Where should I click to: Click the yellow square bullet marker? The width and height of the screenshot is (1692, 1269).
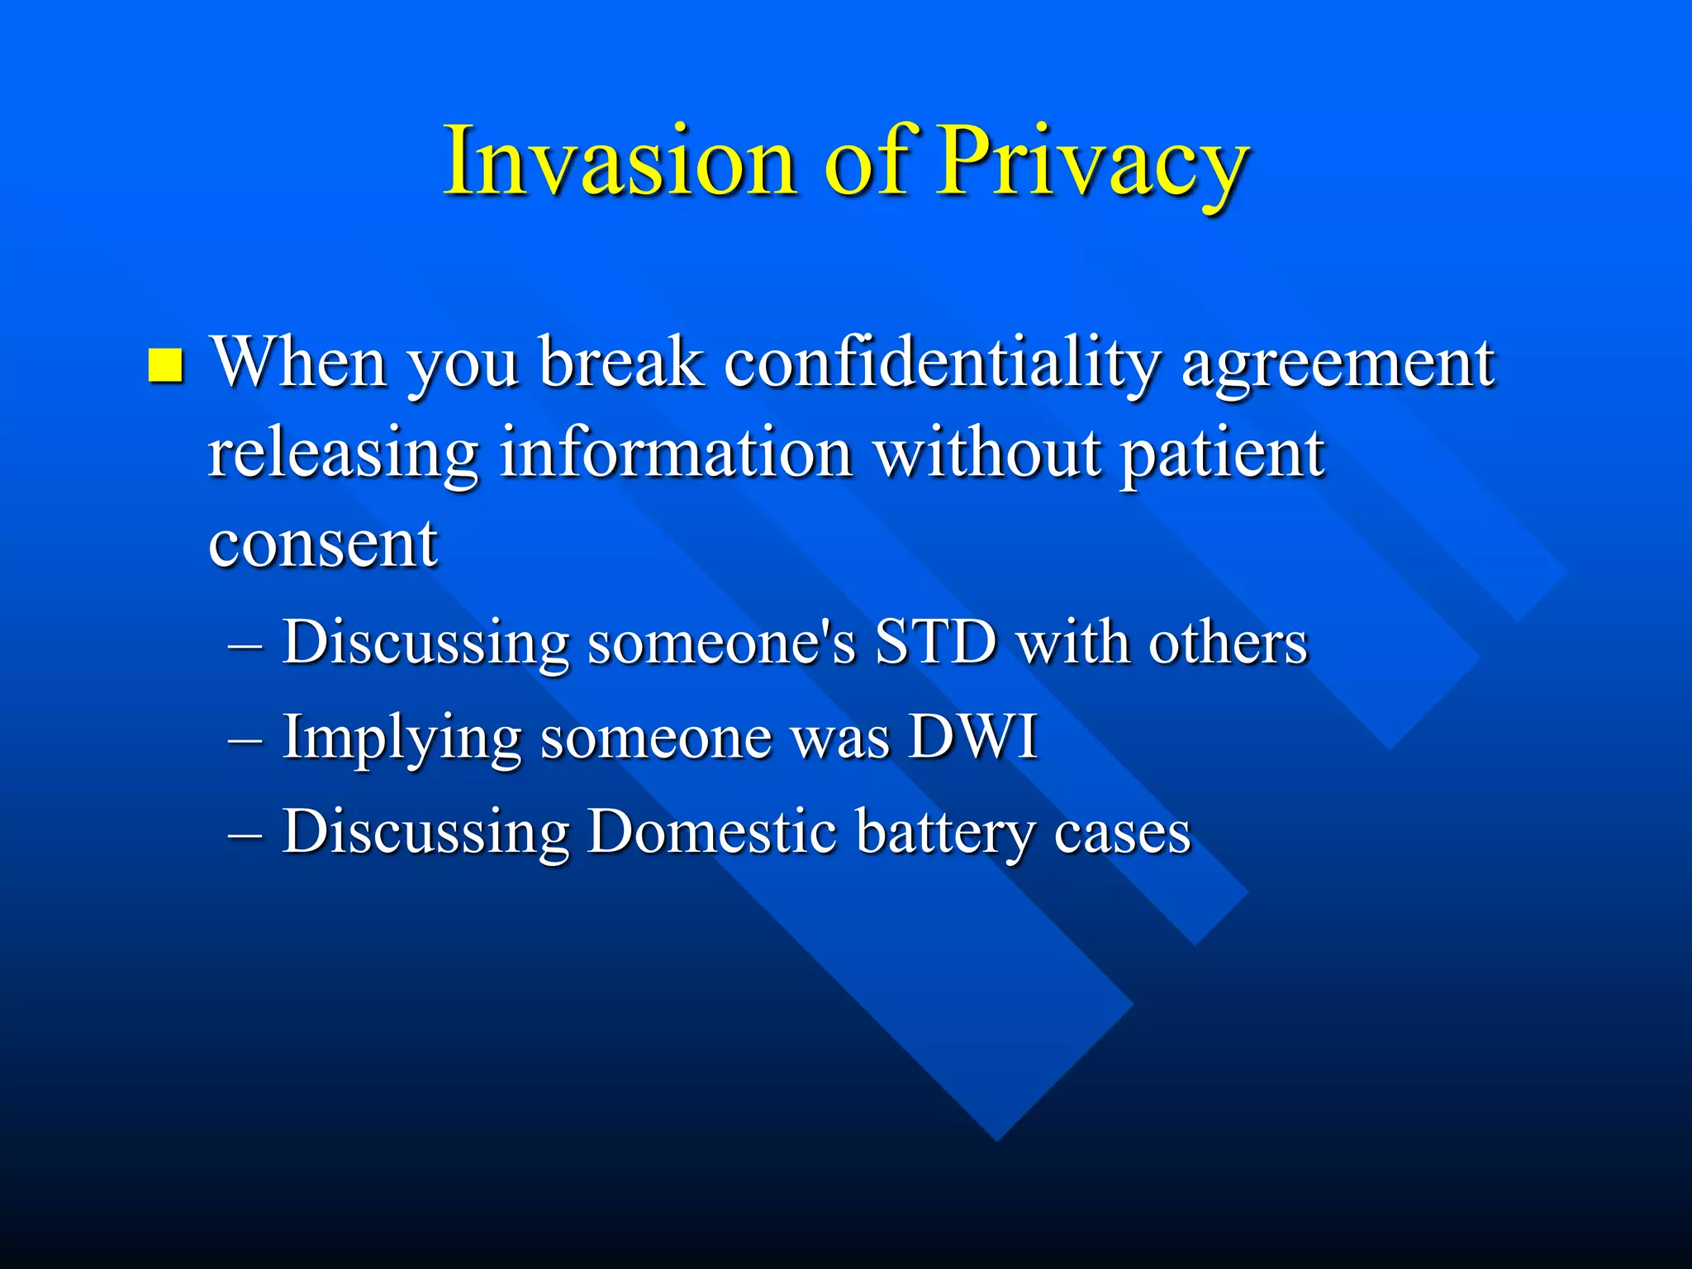(x=165, y=365)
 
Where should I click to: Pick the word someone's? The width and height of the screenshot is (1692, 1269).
(x=721, y=642)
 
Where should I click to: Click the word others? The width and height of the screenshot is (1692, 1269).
(x=1228, y=642)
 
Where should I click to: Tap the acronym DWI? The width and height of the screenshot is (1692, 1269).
(x=972, y=736)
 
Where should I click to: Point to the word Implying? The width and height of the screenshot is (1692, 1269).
(x=402, y=738)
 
